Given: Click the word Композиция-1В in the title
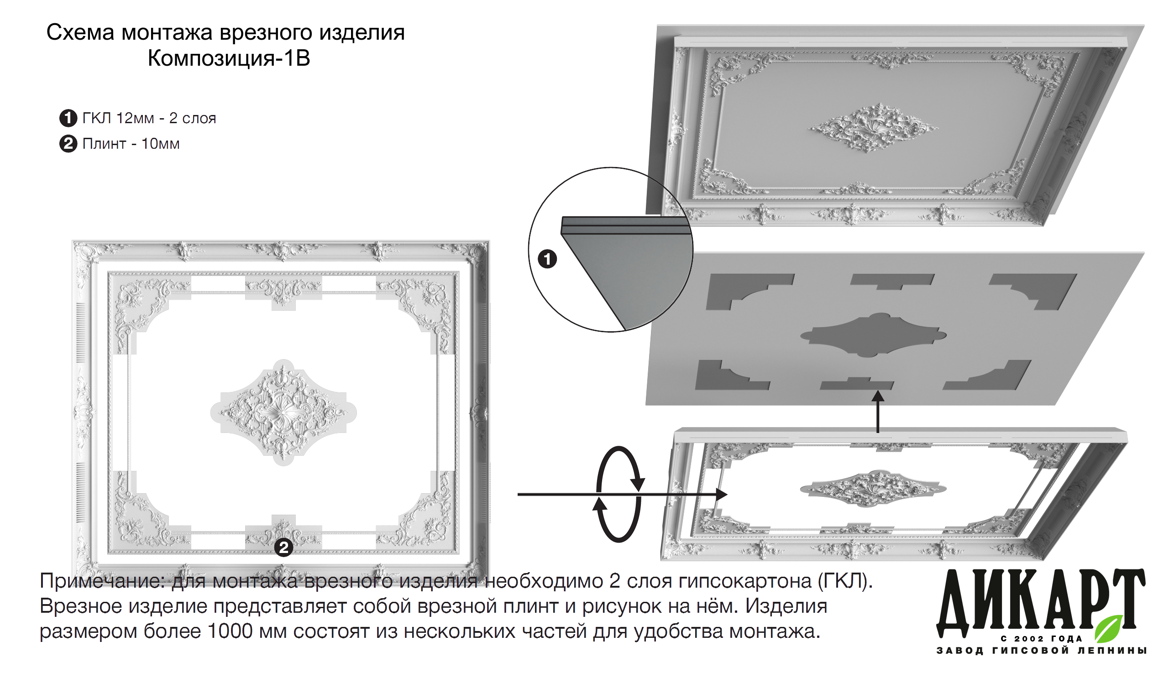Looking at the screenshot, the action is pyautogui.click(x=229, y=58).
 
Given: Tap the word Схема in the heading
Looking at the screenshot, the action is pyautogui.click(x=80, y=33).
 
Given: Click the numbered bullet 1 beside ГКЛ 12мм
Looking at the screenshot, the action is pyautogui.click(x=68, y=118).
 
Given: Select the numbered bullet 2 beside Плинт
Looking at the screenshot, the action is pyautogui.click(x=68, y=144).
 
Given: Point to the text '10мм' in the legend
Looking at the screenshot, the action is pyautogui.click(x=161, y=144).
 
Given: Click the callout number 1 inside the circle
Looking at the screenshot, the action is pyautogui.click(x=547, y=259).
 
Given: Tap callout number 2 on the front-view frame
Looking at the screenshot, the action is pyautogui.click(x=284, y=548).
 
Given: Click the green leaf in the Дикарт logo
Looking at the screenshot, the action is pyautogui.click(x=1109, y=628).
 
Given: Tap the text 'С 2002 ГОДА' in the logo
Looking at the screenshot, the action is pyautogui.click(x=1042, y=639).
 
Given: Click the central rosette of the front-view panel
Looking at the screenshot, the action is pyautogui.click(x=283, y=412).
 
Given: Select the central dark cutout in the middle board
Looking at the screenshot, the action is pyautogui.click(x=874, y=335).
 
